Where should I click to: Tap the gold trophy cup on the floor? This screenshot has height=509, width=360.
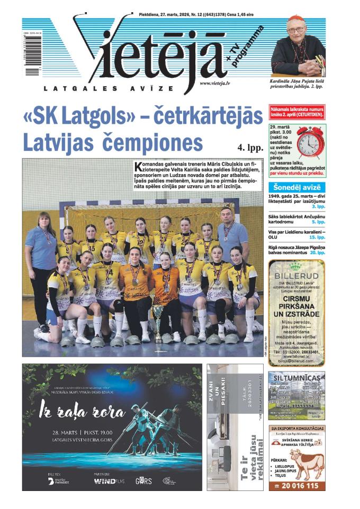[158, 323]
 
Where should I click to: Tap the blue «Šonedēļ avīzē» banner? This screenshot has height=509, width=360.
[296, 187]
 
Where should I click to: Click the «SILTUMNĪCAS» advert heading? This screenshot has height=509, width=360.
[296, 377]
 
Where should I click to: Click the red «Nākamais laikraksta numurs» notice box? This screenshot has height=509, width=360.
[296, 112]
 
